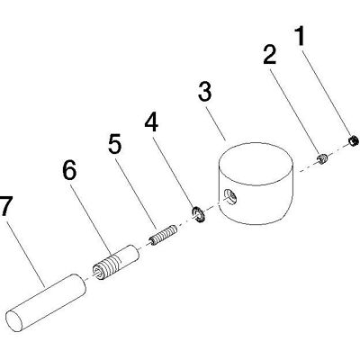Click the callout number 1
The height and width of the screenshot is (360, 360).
301,36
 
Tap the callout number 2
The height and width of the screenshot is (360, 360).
270,55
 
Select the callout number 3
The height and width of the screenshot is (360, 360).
205,91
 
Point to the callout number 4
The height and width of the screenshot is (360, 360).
151,122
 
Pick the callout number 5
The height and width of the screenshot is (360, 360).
115,143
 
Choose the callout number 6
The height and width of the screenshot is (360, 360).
69,170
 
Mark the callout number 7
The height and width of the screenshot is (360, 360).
6,206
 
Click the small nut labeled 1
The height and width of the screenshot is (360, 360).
354,140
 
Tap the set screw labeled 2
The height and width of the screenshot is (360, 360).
322,158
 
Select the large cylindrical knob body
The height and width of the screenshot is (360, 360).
256,184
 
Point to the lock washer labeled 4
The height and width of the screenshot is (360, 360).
198,214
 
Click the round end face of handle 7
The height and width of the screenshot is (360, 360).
15,321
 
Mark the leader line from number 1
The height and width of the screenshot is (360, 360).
326,93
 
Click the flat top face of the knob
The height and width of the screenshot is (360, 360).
256,163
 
